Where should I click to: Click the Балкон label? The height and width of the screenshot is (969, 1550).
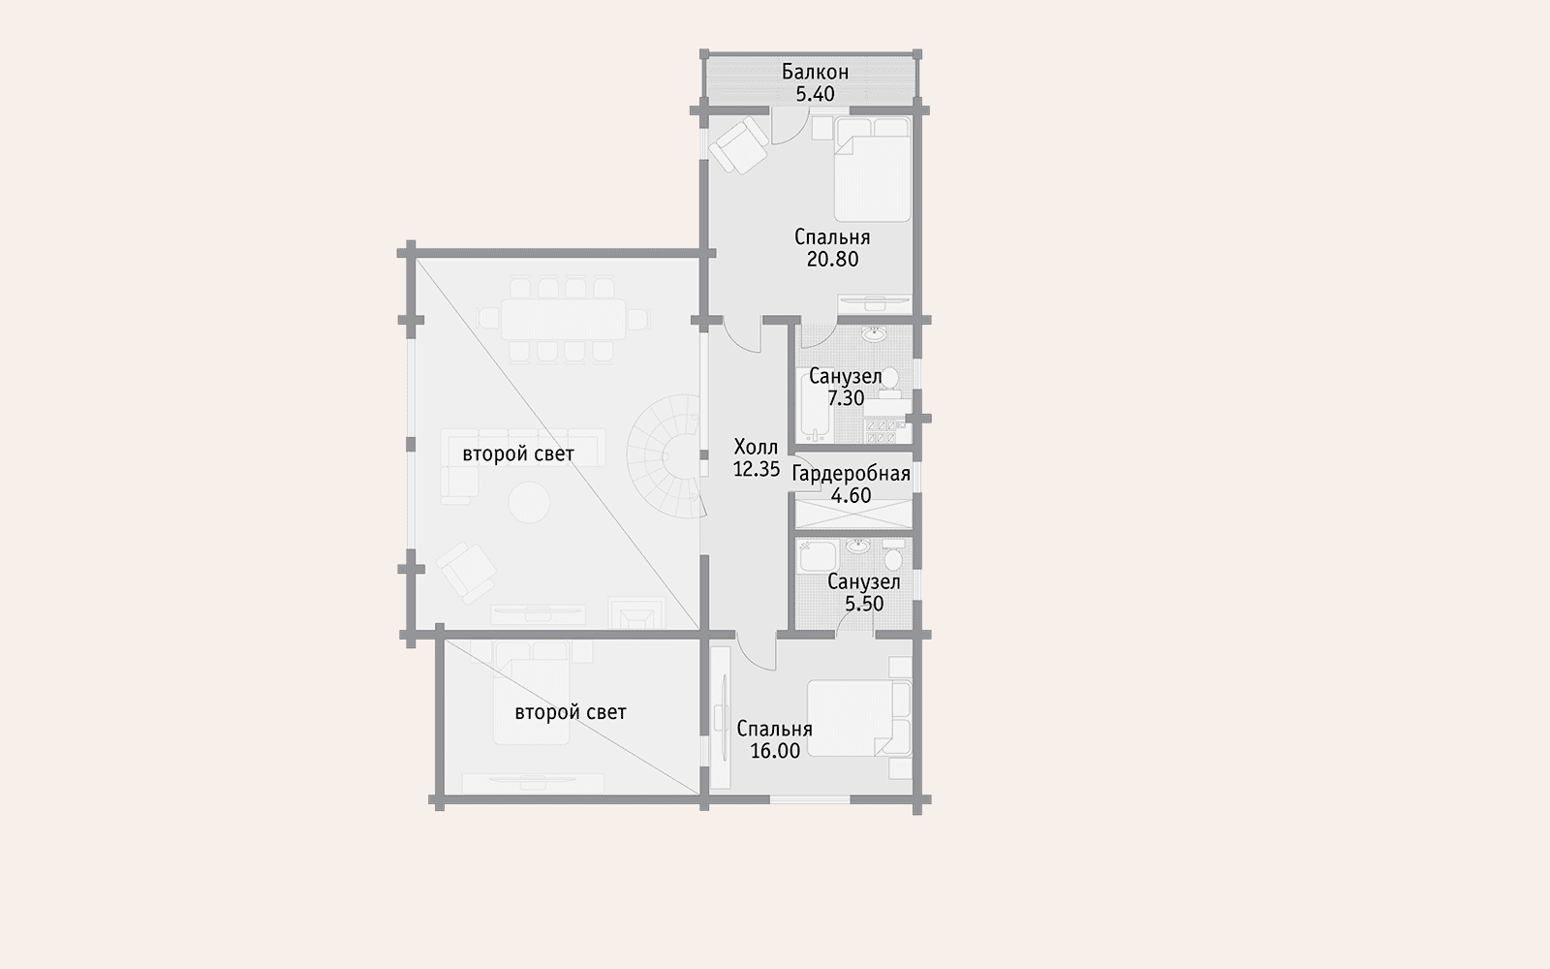tap(815, 72)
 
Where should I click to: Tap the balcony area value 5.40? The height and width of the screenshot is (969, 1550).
tap(815, 94)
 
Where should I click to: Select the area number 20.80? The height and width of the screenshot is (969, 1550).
tap(832, 259)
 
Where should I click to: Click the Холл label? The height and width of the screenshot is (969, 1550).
tap(756, 447)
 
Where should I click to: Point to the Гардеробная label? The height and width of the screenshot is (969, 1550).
tap(852, 474)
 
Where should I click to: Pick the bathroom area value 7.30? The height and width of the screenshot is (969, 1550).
tap(846, 398)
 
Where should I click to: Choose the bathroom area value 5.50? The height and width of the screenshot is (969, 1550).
tap(864, 604)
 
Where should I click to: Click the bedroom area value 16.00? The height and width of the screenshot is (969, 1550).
tap(775, 751)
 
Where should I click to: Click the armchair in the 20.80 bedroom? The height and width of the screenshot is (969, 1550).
tap(739, 144)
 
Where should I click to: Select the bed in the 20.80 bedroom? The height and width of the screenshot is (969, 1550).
tap(872, 170)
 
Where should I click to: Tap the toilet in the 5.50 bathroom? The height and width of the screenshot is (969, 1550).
tap(893, 553)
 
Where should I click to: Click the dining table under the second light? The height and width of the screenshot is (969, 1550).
tap(563, 319)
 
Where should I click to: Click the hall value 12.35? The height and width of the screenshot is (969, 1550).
tap(757, 469)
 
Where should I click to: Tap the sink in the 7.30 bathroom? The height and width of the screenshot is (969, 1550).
tap(875, 335)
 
